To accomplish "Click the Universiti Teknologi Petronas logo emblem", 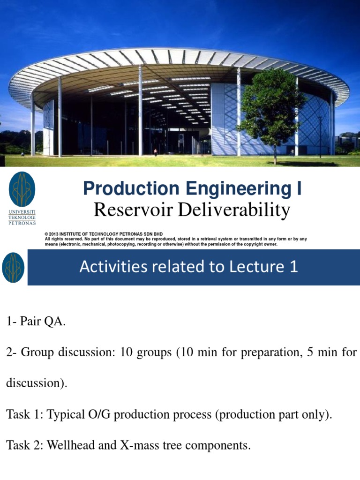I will point(22,189).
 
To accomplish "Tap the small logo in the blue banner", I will point(13,267).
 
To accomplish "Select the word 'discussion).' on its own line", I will point(37,383).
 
